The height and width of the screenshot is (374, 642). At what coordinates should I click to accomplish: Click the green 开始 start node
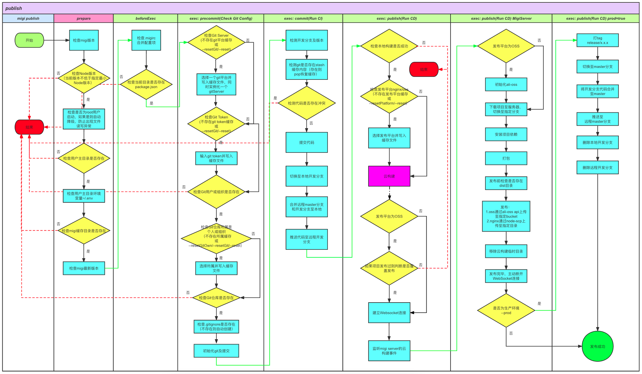pyautogui.click(x=29, y=40)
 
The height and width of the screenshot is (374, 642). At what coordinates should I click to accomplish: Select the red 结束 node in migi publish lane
pyautogui.click(x=29, y=127)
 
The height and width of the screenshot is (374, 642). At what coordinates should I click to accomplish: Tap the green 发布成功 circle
pyautogui.click(x=597, y=346)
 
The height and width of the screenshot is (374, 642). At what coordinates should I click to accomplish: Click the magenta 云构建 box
pyautogui.click(x=389, y=176)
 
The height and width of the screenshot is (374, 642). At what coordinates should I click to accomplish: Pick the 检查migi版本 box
pyautogui.click(x=84, y=40)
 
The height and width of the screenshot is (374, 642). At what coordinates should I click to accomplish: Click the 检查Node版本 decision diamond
pyautogui.click(x=84, y=78)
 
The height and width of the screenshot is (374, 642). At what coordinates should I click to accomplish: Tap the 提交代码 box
pyautogui.click(x=306, y=142)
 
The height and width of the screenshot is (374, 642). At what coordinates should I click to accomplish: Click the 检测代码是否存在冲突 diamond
pyautogui.click(x=306, y=103)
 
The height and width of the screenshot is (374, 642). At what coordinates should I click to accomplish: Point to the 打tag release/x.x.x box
pyautogui.click(x=597, y=40)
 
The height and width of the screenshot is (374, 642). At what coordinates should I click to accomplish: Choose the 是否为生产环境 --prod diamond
pyautogui.click(x=506, y=310)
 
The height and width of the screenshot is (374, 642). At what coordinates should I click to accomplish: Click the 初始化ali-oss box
pyautogui.click(x=506, y=84)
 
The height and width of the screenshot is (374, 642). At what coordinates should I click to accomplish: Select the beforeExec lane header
pyautogui.click(x=146, y=18)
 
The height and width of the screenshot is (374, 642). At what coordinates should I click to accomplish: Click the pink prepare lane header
pyautogui.click(x=84, y=18)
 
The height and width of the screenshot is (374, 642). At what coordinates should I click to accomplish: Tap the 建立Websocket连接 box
pyautogui.click(x=389, y=313)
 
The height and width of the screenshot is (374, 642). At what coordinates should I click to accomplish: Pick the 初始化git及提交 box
pyautogui.click(x=216, y=351)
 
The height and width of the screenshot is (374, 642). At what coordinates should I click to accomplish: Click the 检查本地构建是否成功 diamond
pyautogui.click(x=389, y=46)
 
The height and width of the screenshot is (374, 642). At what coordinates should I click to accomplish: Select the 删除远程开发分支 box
pyautogui.click(x=597, y=167)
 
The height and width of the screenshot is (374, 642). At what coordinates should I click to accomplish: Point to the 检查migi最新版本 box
pyautogui.click(x=84, y=268)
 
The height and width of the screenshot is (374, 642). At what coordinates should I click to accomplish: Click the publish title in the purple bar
pyautogui.click(x=14, y=8)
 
